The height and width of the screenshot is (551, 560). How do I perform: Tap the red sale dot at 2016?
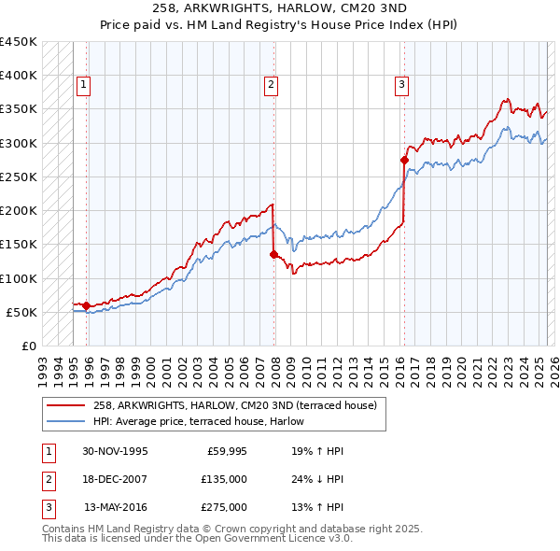[404, 160]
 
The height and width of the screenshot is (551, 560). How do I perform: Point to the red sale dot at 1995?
[87, 305]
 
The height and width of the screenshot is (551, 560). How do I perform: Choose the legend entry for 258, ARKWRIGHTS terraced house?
[234, 405]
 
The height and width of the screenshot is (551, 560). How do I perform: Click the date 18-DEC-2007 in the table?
[116, 479]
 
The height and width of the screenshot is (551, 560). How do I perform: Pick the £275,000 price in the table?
[225, 507]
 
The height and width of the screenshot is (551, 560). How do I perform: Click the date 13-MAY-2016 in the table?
[116, 507]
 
